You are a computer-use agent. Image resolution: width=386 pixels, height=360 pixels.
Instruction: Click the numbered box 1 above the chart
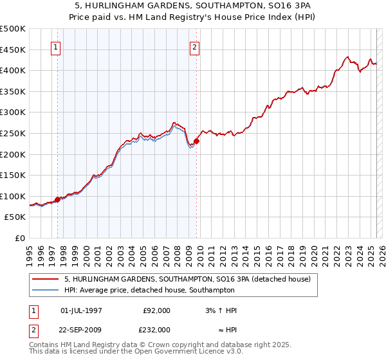55,47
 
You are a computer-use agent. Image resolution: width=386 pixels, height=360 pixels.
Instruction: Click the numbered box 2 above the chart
194,47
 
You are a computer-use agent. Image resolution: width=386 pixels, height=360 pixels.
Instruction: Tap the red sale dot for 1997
57,199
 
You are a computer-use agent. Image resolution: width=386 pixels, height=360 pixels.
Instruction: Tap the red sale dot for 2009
196,141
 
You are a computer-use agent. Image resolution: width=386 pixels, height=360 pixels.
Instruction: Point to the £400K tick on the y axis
14,70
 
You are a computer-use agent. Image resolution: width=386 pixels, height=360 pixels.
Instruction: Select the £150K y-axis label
14,175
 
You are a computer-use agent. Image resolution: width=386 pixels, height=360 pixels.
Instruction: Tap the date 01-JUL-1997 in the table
81,310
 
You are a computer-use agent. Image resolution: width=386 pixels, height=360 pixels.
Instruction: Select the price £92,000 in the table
156,310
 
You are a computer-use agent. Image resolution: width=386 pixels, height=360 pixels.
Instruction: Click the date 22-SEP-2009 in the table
81,329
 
